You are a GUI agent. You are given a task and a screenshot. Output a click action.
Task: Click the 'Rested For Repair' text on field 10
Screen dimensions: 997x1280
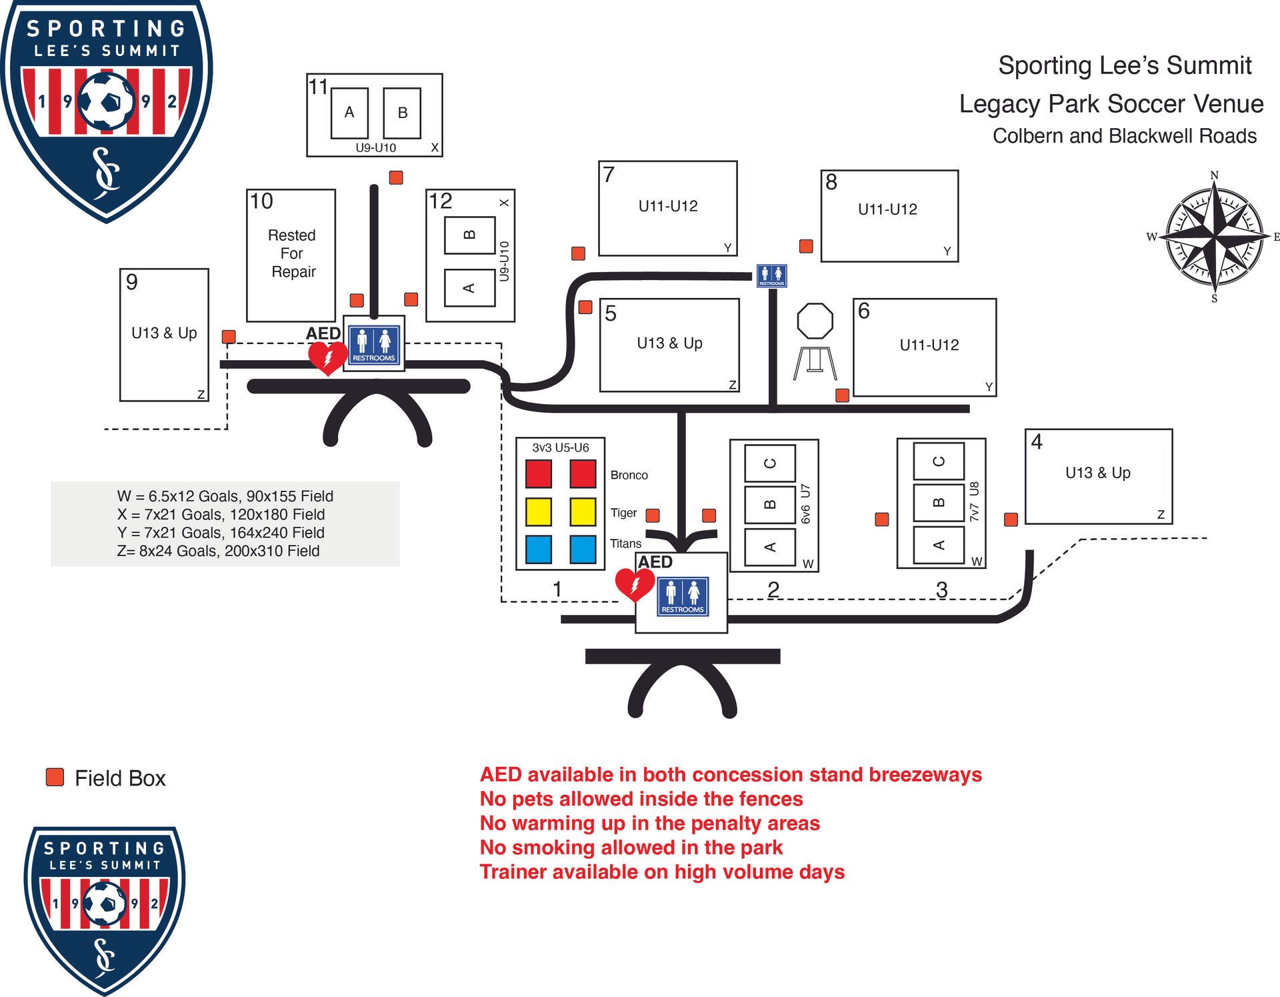[292, 253]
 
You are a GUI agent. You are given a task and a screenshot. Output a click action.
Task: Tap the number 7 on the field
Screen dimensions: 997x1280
[609, 175]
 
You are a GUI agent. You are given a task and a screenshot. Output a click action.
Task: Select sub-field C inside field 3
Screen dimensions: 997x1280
[939, 461]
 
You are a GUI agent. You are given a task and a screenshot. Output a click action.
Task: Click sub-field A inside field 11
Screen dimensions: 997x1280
[349, 113]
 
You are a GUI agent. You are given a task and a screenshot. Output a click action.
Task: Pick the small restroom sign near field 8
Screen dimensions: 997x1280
[771, 275]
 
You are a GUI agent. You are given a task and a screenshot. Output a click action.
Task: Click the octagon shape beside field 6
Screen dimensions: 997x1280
[815, 321]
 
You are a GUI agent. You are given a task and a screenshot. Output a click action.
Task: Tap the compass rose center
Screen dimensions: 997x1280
[1215, 236]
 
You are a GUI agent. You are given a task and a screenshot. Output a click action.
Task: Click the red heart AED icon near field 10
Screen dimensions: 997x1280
[327, 357]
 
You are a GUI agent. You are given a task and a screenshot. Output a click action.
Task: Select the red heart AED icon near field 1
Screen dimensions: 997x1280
[634, 584]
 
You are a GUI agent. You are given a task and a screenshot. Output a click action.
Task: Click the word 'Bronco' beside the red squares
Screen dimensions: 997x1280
[629, 475]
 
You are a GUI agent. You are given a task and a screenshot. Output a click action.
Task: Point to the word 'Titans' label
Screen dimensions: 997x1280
[625, 544]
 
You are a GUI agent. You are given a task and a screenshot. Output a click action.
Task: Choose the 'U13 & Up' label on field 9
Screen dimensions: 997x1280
[164, 333]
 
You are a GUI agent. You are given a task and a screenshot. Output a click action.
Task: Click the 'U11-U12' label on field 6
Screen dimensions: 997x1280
[929, 345]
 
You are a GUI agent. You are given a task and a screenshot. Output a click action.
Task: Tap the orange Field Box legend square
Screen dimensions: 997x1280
[55, 777]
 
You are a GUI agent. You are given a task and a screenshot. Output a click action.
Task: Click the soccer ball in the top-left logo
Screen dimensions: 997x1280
[106, 101]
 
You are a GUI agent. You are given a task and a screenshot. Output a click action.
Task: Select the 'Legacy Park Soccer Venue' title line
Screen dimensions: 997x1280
[1111, 104]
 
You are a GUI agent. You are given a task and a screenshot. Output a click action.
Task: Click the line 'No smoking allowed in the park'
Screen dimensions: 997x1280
[631, 847]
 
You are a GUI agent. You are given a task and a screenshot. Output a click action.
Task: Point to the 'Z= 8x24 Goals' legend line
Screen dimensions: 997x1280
[218, 551]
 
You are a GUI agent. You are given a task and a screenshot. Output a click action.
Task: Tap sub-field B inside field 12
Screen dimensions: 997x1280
[469, 235]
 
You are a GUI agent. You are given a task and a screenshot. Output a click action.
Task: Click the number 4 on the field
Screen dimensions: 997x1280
[1036, 441]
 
